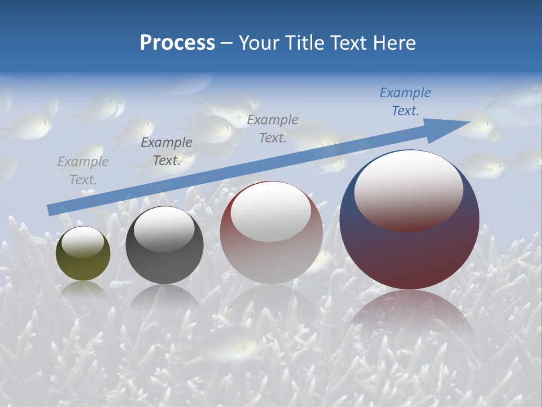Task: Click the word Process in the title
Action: click(177, 43)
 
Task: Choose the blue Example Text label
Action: click(405, 102)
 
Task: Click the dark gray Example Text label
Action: click(167, 151)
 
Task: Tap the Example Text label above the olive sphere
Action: click(83, 171)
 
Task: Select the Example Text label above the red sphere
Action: click(273, 128)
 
